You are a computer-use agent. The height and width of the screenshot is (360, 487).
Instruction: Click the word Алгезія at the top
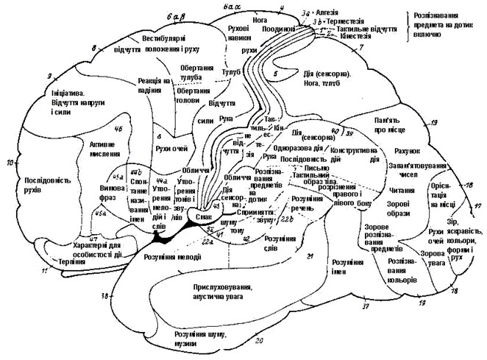click(x=325, y=13)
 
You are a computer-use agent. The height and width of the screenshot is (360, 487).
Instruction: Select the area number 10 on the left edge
click(x=10, y=161)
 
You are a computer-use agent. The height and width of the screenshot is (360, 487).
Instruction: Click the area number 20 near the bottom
click(x=258, y=340)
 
